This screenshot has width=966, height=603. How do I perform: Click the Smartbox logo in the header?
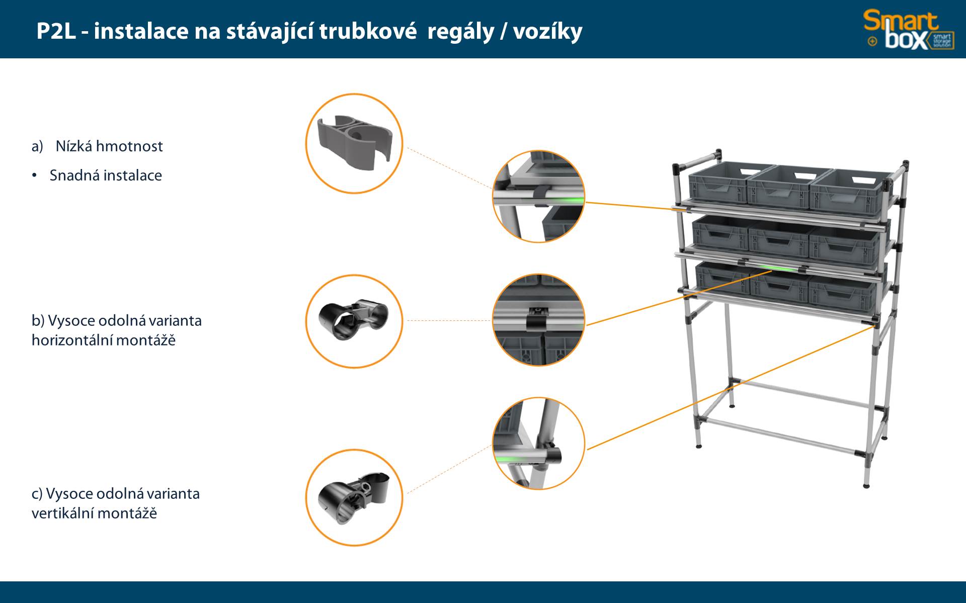pyautogui.click(x=909, y=30)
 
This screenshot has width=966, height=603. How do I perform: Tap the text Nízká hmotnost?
pyautogui.click(x=109, y=146)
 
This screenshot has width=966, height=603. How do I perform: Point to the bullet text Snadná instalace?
pyautogui.click(x=106, y=176)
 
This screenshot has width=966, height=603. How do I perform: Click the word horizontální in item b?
pyautogui.click(x=68, y=340)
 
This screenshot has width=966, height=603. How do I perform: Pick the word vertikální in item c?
pyautogui.click(x=62, y=513)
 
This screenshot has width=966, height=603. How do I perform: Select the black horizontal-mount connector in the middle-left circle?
pyautogui.click(x=354, y=318)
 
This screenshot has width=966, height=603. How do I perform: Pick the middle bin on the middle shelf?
pyautogui.click(x=779, y=240)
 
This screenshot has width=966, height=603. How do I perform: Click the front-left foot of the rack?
pyautogui.click(x=699, y=445)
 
